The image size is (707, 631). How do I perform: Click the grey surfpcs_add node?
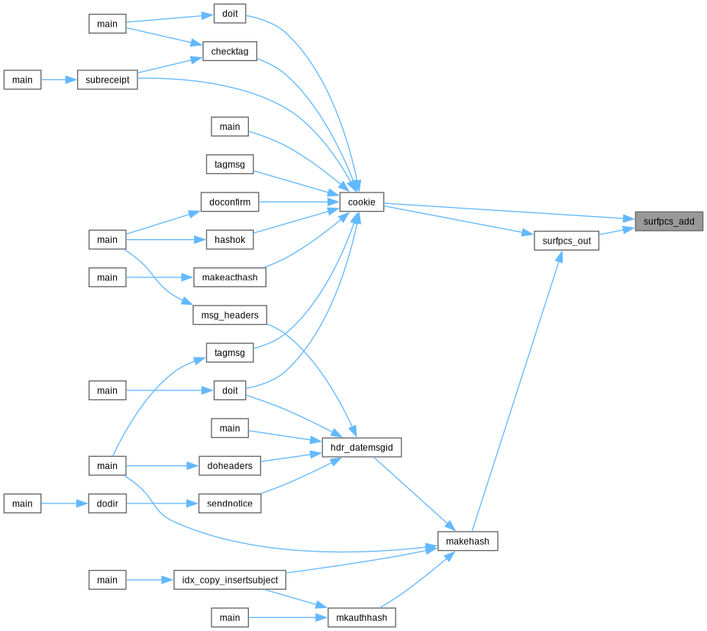(x=669, y=221)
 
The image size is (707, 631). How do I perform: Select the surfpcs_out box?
(x=567, y=241)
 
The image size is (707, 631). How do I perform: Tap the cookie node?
(x=362, y=202)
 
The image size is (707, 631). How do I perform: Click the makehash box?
(x=467, y=541)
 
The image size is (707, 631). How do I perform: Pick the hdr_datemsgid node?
(x=362, y=447)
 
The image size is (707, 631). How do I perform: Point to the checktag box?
(x=230, y=51)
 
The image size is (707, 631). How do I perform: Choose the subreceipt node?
(x=108, y=79)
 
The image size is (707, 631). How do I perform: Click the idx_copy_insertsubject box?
(x=230, y=580)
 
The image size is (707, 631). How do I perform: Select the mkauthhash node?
(x=362, y=617)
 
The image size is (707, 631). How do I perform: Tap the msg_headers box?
(x=230, y=315)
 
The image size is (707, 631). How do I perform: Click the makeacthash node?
(x=230, y=277)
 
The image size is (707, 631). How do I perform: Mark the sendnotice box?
(x=230, y=503)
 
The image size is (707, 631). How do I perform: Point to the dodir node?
(x=108, y=503)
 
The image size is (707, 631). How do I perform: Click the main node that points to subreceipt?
(x=23, y=79)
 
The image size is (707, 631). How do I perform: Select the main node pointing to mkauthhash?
(x=230, y=617)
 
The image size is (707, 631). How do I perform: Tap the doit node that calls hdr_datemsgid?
(x=230, y=390)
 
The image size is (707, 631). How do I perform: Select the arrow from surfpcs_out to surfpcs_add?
(x=617, y=231)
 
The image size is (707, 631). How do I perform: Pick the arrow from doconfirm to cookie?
(x=299, y=202)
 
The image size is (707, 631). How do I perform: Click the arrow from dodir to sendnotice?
(x=163, y=503)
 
